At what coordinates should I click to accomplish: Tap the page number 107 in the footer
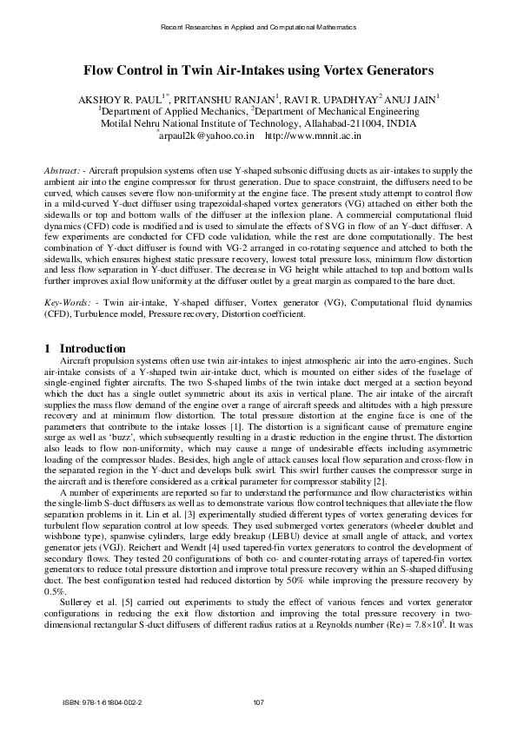pos(258,701)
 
